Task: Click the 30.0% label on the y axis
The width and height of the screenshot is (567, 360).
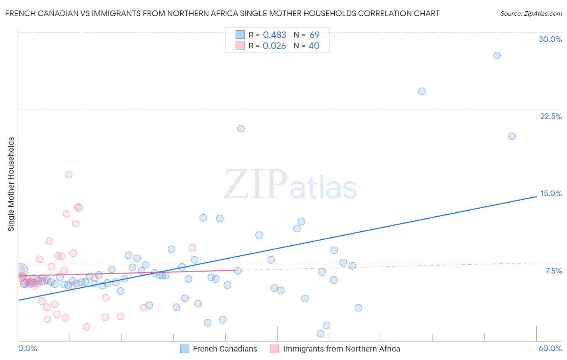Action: (x=550, y=39)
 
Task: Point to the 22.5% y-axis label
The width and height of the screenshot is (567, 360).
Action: (x=551, y=116)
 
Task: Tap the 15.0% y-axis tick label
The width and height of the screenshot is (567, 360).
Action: (x=551, y=193)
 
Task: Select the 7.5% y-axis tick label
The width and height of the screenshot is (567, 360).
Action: (x=553, y=271)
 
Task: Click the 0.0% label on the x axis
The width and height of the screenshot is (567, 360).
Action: (x=27, y=348)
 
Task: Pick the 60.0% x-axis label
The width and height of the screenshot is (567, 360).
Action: (x=550, y=348)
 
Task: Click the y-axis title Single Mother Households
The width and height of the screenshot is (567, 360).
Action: (x=11, y=184)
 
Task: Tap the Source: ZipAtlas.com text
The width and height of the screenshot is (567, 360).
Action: (x=531, y=13)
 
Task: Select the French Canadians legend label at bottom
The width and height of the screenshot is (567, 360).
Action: (x=225, y=349)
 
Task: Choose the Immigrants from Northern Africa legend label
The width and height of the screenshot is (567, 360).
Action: (x=341, y=349)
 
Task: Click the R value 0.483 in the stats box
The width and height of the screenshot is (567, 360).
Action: (x=274, y=35)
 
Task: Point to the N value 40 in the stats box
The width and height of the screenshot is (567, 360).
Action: (x=314, y=46)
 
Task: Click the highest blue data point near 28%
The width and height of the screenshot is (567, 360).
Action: (x=497, y=55)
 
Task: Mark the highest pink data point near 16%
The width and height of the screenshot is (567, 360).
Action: (x=69, y=175)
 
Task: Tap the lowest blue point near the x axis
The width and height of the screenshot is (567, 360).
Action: (x=321, y=334)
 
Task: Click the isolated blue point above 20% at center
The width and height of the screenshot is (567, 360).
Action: (x=241, y=129)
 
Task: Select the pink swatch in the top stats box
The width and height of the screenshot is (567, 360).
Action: (x=240, y=46)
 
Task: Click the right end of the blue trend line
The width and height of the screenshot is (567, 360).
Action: (x=536, y=196)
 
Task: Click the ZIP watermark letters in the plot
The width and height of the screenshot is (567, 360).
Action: (x=256, y=184)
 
